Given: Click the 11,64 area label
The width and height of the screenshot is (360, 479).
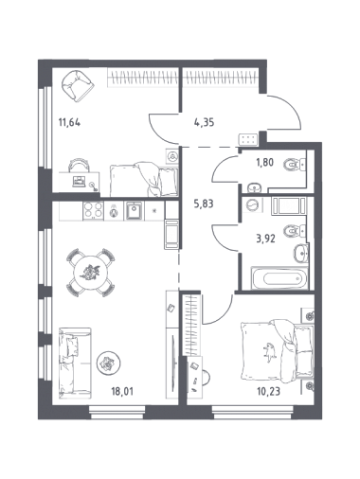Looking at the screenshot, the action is tap(69, 122).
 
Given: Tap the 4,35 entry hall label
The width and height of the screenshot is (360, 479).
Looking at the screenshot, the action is tap(204, 122).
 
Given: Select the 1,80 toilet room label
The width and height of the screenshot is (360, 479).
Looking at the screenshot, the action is tap(264, 162).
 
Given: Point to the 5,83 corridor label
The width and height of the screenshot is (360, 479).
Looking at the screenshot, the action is tap(204, 204).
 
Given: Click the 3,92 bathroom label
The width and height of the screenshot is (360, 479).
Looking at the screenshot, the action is tap(265, 238).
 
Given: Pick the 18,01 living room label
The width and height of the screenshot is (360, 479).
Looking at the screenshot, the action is tap(122, 392).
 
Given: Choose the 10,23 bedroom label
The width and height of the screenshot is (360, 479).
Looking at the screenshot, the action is tap(269, 392).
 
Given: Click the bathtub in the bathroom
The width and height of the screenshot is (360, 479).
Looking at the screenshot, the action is tap(279, 278).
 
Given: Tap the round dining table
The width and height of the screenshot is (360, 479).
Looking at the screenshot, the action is tap(91, 273).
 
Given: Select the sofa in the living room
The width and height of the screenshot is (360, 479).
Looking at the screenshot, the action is tap(75, 361).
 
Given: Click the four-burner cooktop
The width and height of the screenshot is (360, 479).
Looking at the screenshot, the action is tap(93, 210).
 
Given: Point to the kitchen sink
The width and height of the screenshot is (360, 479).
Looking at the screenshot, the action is tap(135, 210).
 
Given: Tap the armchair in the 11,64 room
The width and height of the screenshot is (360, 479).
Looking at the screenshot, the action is tap(78, 85).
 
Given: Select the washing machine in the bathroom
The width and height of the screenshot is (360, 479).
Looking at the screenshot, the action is tap(252, 204).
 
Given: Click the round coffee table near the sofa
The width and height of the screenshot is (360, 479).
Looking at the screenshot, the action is tap(109, 364).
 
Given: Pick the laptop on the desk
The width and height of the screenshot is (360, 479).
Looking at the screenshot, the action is tap(79, 181).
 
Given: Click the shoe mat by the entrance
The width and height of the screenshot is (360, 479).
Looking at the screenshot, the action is tap(249, 140).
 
